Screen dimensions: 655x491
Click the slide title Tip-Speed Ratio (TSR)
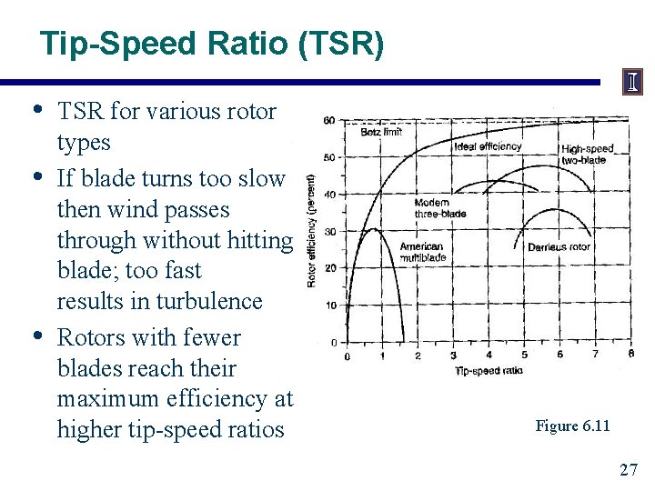tap(212, 43)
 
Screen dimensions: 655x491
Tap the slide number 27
tap(629, 469)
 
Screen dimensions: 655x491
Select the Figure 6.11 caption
tap(572, 426)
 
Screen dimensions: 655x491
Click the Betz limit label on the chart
tap(381, 132)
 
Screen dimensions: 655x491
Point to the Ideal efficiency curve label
tap(489, 146)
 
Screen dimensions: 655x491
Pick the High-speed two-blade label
tap(588, 155)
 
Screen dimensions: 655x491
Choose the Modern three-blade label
tap(440, 208)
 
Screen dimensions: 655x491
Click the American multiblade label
tap(422, 252)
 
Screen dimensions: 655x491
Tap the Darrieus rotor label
tap(559, 246)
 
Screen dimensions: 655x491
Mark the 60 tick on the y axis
tap(329, 121)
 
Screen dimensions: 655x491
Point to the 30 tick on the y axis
tap(330, 231)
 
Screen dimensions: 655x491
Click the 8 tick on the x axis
tap(630, 355)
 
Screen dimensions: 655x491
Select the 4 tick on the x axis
tap(489, 355)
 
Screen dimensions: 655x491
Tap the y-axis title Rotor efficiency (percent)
tap(311, 231)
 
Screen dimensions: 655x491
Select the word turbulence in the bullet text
tap(209, 301)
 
